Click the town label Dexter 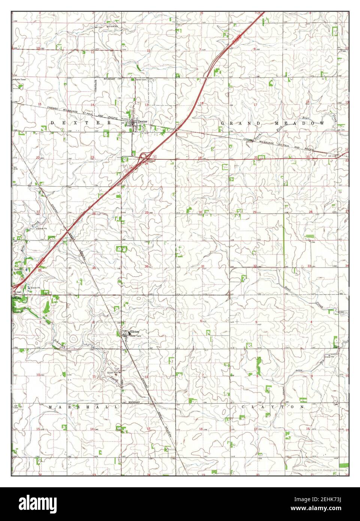pos(143,121)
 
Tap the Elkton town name pos(134,332)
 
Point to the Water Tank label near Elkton pos(136,336)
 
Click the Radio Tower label pos(19,80)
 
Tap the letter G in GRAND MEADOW pos(222,123)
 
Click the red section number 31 pos(203,266)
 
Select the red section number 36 pos(147,266)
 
